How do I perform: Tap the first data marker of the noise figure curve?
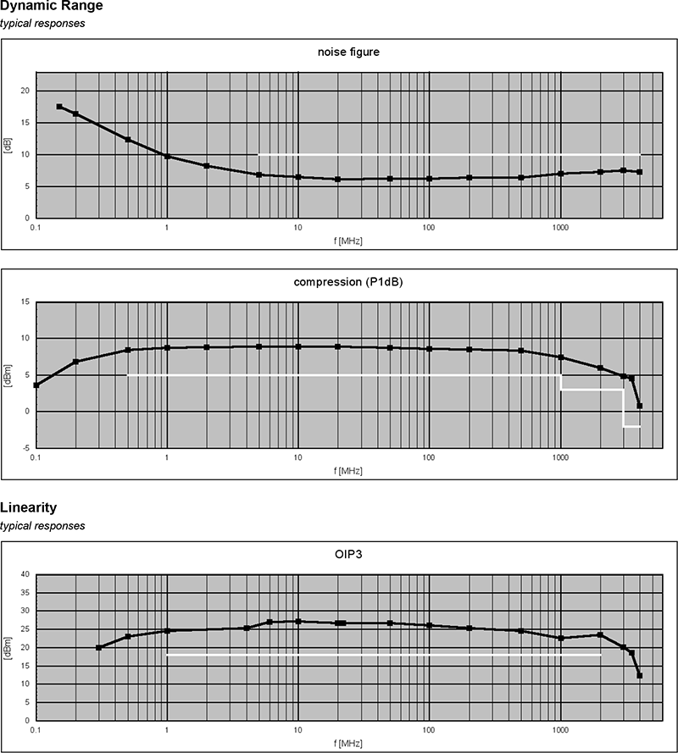(59, 107)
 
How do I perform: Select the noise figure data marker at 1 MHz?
(167, 156)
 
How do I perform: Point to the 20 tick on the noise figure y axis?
(25, 91)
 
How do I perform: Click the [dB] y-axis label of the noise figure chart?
(7, 154)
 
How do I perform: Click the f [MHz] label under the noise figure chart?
(347, 241)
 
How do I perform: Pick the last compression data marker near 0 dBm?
(639, 406)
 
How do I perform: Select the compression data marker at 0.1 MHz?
(36, 385)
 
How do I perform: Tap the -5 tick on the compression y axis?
(25, 448)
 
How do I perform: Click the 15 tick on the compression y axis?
(25, 302)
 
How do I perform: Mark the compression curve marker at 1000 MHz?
(560, 357)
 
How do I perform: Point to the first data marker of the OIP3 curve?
(99, 647)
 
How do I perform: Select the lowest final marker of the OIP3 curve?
(639, 675)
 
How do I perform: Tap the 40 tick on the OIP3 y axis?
(25, 574)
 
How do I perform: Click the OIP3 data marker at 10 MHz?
(298, 621)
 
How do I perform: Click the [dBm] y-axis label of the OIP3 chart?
(7, 647)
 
